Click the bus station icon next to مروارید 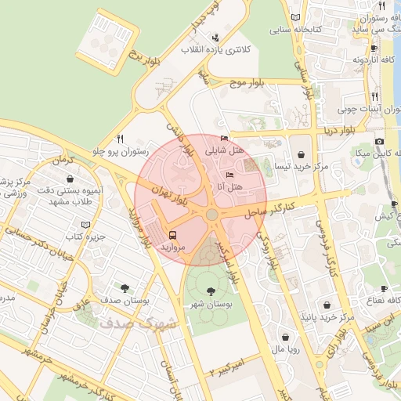click(x=172, y=233)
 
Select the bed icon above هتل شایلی click(x=225, y=138)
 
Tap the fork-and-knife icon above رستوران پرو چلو click(x=120, y=138)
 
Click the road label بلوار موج click(x=249, y=81)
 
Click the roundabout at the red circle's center click(x=212, y=215)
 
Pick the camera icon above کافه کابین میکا click(x=379, y=141)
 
